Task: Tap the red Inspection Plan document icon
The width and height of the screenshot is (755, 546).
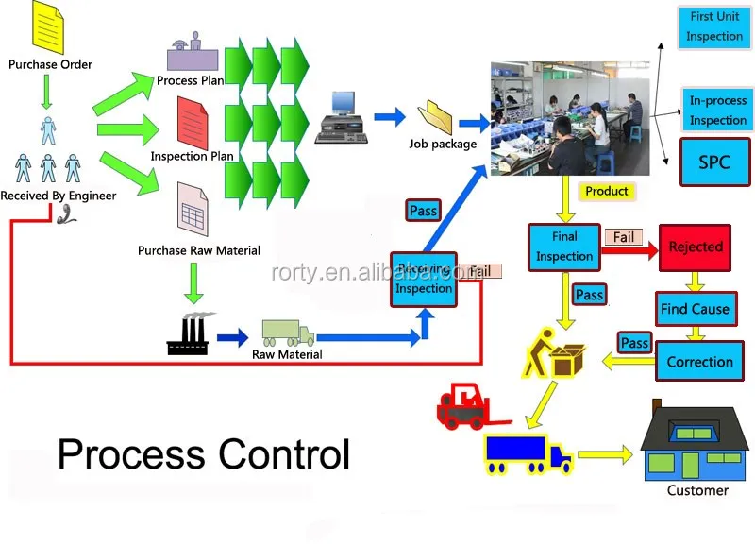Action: tap(193, 123)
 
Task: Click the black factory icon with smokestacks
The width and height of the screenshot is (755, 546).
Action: tap(187, 333)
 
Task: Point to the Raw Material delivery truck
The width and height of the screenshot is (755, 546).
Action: tap(288, 333)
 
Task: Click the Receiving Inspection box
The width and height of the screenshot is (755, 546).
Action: tap(424, 280)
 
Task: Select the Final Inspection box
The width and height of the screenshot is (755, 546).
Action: tap(564, 247)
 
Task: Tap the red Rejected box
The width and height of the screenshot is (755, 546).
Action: tap(695, 247)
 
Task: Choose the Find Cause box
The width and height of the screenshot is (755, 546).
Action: tap(695, 309)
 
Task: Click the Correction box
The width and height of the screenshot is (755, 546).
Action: tap(699, 362)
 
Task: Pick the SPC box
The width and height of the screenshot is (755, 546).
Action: tap(714, 162)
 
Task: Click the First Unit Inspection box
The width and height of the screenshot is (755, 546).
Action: tap(714, 27)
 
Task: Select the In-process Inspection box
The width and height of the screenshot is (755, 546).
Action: tap(717, 110)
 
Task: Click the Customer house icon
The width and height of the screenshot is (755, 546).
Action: tap(697, 443)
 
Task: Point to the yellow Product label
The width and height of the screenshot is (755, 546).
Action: tap(606, 191)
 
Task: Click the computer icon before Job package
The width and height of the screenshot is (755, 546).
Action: tap(339, 119)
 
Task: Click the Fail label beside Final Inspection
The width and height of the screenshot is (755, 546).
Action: tap(624, 237)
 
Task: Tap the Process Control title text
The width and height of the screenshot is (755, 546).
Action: tap(203, 454)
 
